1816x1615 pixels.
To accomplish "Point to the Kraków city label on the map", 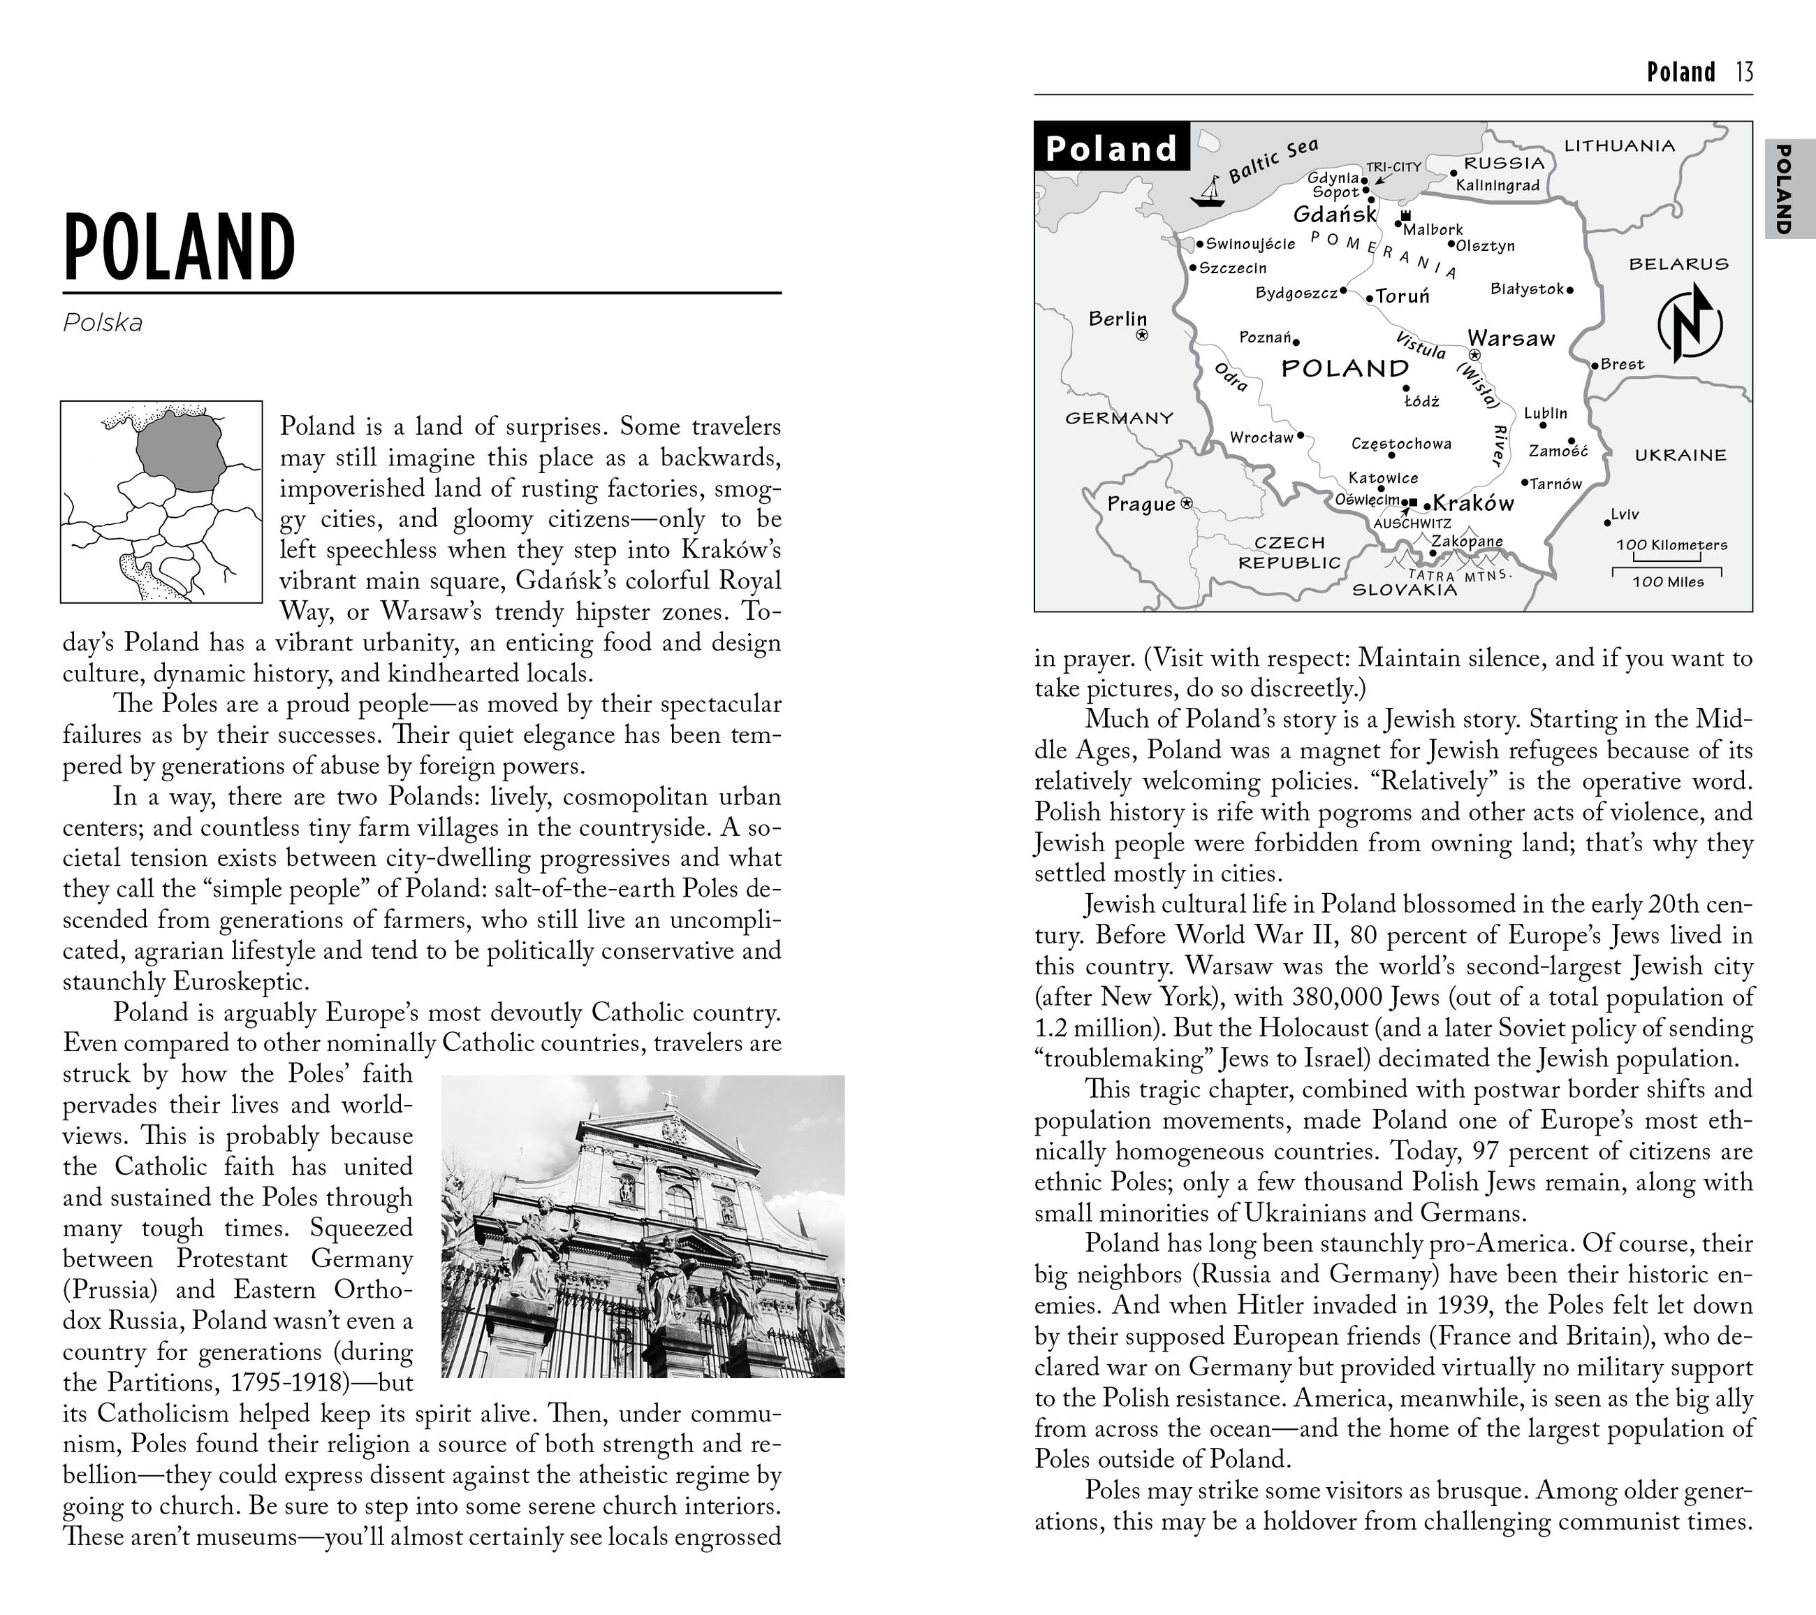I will click(x=1473, y=503).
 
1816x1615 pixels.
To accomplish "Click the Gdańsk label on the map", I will click(x=1335, y=215).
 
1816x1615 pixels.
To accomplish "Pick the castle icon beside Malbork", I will click(x=1405, y=216).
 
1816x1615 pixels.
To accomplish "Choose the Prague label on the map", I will click(x=1141, y=504).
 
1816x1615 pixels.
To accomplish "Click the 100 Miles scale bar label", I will click(x=1668, y=582).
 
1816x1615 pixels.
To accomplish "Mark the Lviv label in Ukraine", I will click(x=1625, y=514).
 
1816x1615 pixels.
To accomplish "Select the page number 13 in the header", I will click(x=1743, y=72).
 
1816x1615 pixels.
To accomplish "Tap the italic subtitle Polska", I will click(x=102, y=323).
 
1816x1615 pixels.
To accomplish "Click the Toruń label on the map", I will click(x=1403, y=296).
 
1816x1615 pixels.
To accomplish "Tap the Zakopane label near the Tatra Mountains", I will click(x=1467, y=540).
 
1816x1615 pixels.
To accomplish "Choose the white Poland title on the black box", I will click(x=1111, y=147).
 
